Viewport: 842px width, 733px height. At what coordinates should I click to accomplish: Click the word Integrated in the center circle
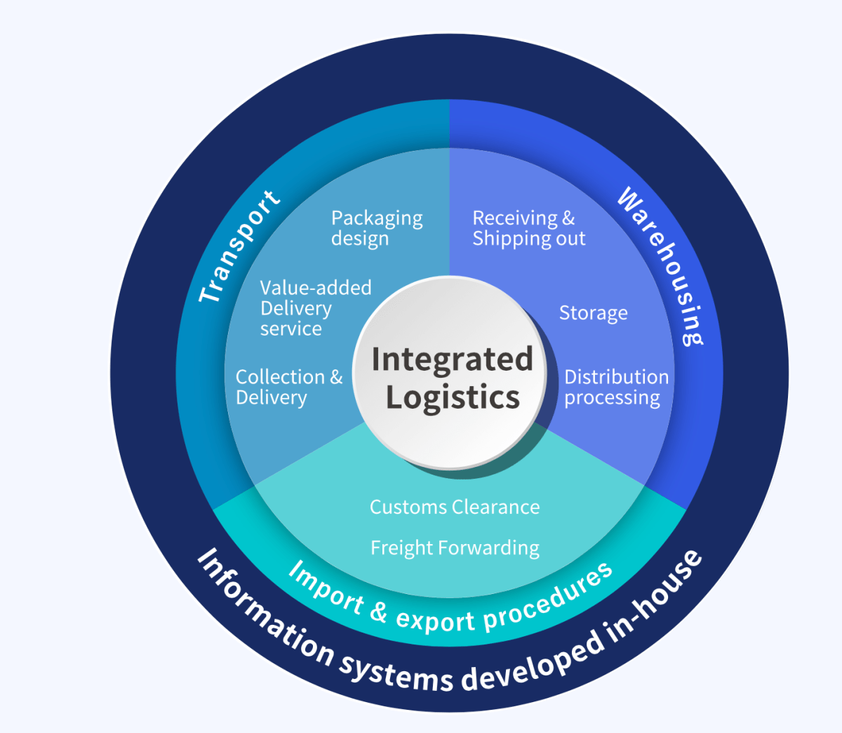click(452, 359)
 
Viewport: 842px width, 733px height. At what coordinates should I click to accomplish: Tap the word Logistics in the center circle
click(453, 397)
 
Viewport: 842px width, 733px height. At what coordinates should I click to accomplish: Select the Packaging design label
click(377, 228)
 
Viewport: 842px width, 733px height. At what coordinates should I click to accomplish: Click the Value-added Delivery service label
click(315, 308)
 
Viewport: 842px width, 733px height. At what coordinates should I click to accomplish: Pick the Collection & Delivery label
click(288, 387)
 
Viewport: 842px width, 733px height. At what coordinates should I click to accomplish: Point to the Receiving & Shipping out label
click(528, 228)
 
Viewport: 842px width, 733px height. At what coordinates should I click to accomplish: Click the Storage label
click(593, 313)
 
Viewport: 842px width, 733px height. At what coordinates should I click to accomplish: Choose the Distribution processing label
click(615, 387)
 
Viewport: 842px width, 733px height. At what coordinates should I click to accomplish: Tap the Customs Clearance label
click(455, 507)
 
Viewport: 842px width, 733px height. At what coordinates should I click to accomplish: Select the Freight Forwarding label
click(455, 548)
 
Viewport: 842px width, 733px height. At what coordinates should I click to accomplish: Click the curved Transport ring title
click(239, 247)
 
